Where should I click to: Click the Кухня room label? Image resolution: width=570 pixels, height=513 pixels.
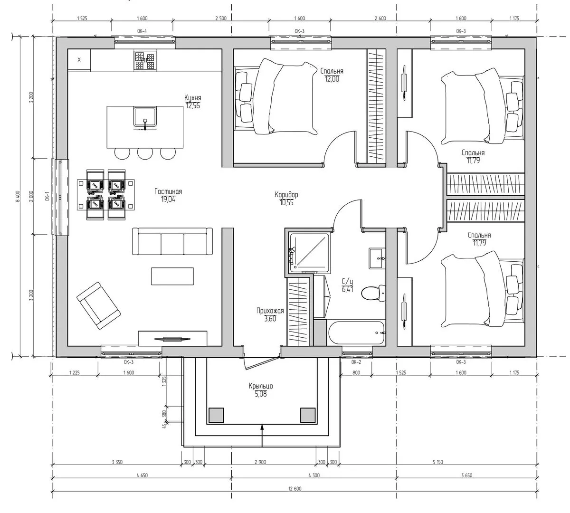point(193,98)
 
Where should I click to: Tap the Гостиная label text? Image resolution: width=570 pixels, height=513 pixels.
point(168,191)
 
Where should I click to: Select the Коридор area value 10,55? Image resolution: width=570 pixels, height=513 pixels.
point(286,203)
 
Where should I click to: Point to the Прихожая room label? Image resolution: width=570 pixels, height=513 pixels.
point(270,311)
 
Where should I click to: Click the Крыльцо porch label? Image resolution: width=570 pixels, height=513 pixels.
point(261,386)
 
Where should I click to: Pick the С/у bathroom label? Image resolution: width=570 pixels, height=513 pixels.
point(347,282)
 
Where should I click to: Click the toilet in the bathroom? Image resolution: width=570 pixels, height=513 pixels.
point(373,293)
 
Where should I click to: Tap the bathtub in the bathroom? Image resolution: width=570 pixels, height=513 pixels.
point(357,332)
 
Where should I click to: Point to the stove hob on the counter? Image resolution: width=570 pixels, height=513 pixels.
point(145,60)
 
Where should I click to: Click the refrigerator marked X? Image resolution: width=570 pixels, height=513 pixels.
point(79,60)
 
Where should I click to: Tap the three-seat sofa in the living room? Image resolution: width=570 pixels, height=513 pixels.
point(172,241)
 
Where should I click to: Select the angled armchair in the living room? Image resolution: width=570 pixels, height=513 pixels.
point(99,305)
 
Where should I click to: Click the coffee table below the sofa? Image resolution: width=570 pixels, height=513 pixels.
point(172,276)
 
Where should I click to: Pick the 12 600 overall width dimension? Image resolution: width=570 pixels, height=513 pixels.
point(294,489)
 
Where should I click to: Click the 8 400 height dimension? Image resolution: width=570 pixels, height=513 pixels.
point(18,196)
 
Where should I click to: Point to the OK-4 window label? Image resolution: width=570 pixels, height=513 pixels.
point(142,31)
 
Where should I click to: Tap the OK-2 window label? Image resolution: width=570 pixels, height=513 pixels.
point(356,362)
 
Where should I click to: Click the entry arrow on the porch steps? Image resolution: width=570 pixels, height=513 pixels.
point(262,436)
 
